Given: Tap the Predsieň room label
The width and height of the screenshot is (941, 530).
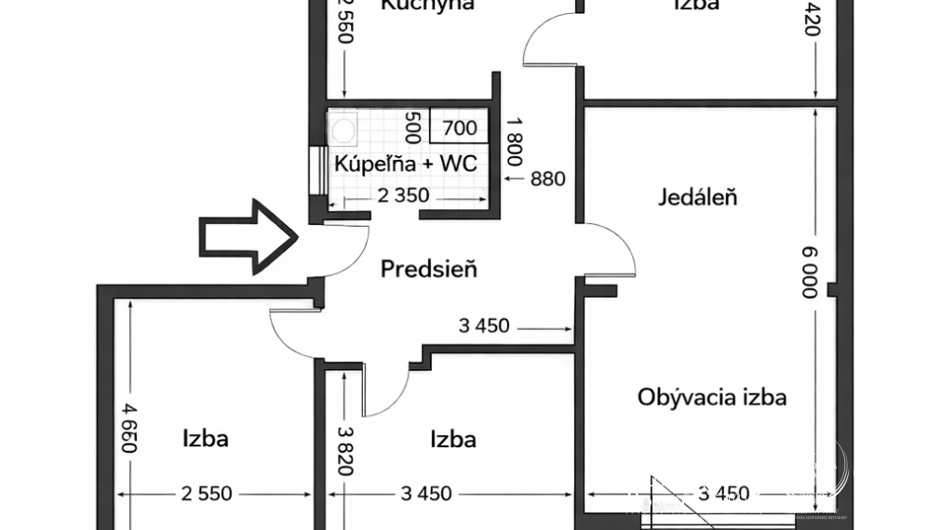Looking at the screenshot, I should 429,270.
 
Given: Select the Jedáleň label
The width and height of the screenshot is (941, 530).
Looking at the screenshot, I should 698,197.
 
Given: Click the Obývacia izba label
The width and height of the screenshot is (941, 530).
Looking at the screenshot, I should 712,397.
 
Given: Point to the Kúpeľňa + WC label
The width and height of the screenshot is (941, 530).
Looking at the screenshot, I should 406,165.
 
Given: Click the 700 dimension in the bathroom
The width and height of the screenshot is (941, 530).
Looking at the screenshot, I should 459,129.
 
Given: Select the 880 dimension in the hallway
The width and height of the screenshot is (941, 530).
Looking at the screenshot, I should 546,179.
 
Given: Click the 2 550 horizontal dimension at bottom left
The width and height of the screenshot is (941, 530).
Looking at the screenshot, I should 206,494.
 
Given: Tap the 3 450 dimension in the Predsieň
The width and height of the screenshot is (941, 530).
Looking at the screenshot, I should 484,325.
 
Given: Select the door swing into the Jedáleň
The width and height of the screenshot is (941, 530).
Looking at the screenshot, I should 611,250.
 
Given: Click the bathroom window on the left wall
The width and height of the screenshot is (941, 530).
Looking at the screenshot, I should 318,170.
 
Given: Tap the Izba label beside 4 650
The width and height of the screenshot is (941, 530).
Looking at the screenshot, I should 206,437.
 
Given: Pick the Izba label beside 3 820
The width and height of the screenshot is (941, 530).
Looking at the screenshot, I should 453,438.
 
